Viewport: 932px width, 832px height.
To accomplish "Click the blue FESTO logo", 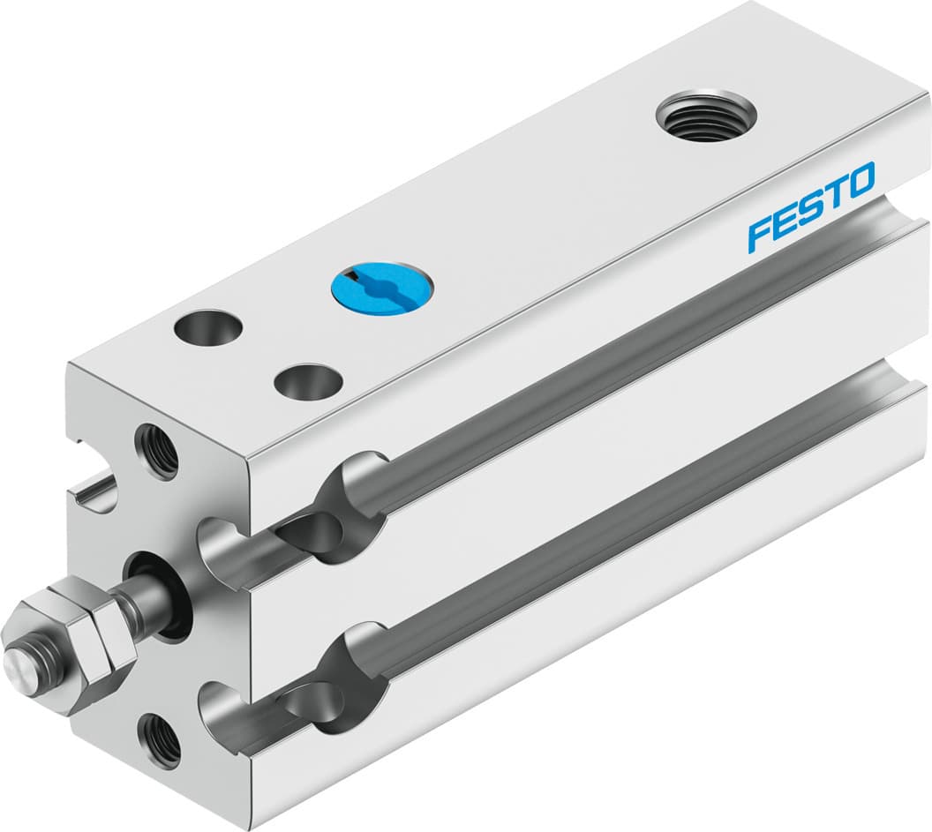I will coord(810,205).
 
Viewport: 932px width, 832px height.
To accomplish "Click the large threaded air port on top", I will coord(706,117).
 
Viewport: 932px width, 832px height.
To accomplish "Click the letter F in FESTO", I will coord(760,234).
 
